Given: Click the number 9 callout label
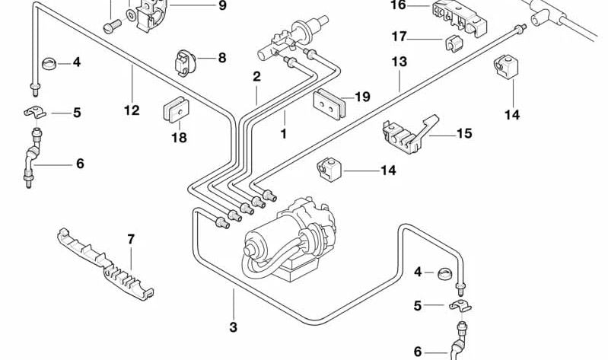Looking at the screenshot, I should point(222,6).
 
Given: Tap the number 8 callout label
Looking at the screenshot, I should point(221,57).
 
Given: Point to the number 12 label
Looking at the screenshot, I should point(132,110).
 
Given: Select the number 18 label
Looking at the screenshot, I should point(178,138).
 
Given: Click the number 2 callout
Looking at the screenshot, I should point(256,77).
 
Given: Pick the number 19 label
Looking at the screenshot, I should point(362,97).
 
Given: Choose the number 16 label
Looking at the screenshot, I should point(399,5).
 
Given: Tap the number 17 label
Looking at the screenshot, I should point(399,36).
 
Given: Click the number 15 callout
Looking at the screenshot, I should point(464,134).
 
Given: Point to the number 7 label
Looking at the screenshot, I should point(131,239).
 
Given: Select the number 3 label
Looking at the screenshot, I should point(233,327).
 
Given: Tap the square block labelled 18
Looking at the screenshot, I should point(175,110).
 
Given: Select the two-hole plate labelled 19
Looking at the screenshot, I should point(329,104).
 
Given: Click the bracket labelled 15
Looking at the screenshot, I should point(407,135).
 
